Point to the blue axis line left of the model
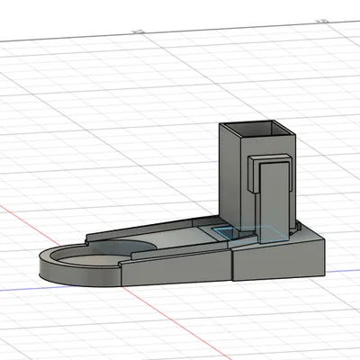pos(18,291)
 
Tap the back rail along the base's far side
pos(153,229)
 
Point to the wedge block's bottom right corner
pos(323,269)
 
